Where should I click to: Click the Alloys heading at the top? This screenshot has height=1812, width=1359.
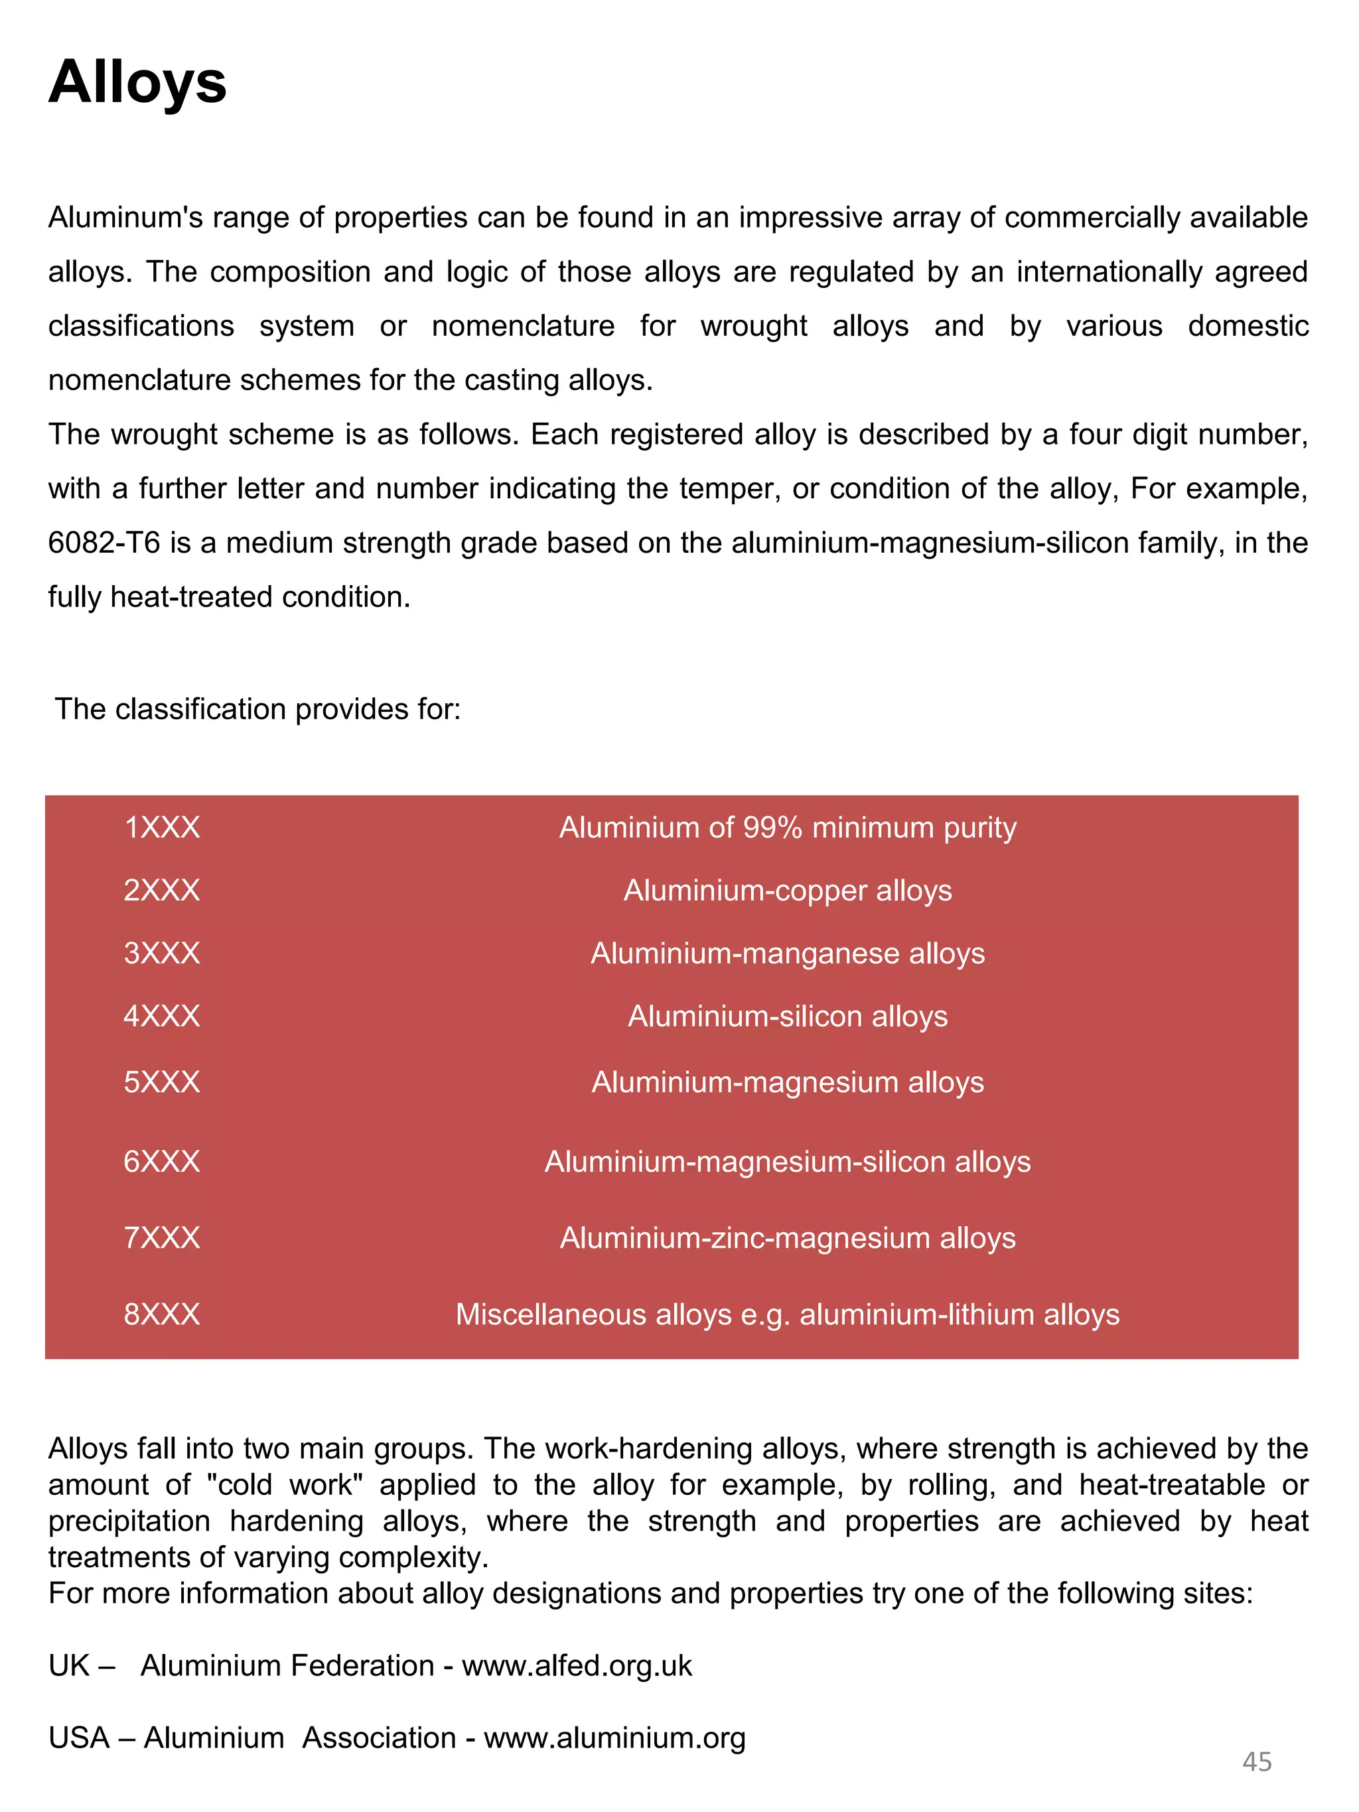pyautogui.click(x=137, y=83)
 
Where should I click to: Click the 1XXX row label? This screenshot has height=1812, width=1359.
pyautogui.click(x=161, y=827)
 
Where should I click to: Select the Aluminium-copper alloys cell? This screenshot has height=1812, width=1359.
pyautogui.click(x=787, y=890)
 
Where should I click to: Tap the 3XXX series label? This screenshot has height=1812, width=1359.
pyautogui.click(x=161, y=953)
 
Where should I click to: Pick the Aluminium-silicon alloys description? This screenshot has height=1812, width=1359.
pyautogui.click(x=787, y=1016)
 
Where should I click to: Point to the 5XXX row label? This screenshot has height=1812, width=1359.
pyautogui.click(x=161, y=1082)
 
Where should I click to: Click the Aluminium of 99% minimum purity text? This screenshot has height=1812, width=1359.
pyautogui.click(x=787, y=827)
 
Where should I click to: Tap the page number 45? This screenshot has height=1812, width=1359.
pyautogui.click(x=1257, y=1761)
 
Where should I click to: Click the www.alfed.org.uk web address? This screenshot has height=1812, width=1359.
pyautogui.click(x=577, y=1665)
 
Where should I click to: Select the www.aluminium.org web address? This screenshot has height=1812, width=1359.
pyautogui.click(x=614, y=1738)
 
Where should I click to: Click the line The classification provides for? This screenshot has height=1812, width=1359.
pyautogui.click(x=257, y=709)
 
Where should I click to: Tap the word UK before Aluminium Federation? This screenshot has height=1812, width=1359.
pyautogui.click(x=69, y=1665)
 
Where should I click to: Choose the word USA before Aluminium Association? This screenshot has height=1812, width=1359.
pyautogui.click(x=79, y=1738)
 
